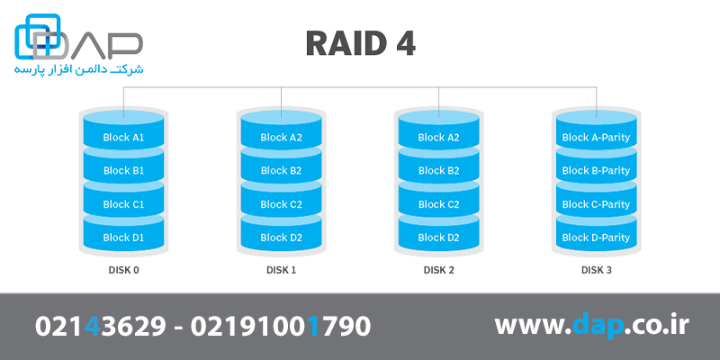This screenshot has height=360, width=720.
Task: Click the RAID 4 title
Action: point(360,44)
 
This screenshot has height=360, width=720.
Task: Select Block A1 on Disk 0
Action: point(123,137)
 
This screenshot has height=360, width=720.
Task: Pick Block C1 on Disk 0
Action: point(123,204)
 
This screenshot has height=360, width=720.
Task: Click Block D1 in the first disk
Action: point(123,238)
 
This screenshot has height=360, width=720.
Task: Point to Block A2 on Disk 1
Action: point(281,137)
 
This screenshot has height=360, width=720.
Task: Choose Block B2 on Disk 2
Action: point(438,170)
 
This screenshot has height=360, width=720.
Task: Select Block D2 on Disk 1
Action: point(281,238)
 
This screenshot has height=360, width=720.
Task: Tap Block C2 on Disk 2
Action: point(438,204)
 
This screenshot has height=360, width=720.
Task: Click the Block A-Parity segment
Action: point(596,137)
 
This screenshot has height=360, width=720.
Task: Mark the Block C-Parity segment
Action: point(596,204)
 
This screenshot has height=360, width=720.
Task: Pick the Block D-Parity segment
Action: point(596,238)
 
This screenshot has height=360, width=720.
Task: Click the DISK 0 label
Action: point(123,270)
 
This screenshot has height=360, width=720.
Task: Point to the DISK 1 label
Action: point(281,270)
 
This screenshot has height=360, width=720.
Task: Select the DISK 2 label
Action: point(438,270)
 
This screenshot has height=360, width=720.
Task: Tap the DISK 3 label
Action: point(596,270)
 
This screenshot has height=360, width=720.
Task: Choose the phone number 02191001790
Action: point(280,326)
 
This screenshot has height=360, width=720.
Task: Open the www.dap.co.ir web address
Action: point(591,326)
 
